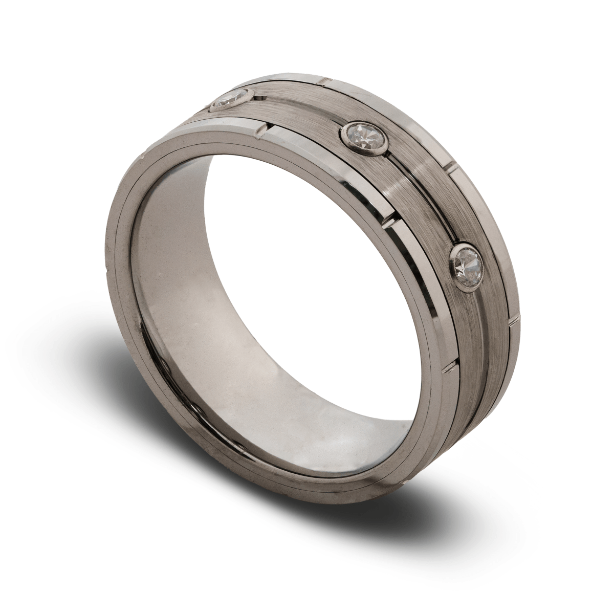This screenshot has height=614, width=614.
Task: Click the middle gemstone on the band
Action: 364,134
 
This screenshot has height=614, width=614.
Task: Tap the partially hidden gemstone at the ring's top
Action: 231,99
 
